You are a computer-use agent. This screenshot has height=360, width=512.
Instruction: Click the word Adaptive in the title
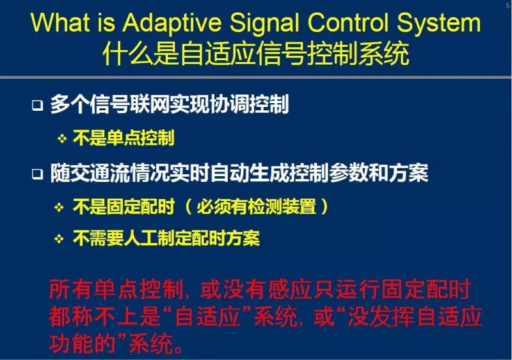click(x=172, y=23)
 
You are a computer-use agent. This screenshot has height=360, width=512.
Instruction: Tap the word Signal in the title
click(x=264, y=24)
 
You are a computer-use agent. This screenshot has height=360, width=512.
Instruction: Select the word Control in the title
click(x=348, y=22)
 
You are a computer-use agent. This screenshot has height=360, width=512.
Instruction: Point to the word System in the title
click(x=439, y=24)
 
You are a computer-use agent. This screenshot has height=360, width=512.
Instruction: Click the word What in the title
click(x=60, y=22)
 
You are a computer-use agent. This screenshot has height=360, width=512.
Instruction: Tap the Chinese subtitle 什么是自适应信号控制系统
click(x=255, y=53)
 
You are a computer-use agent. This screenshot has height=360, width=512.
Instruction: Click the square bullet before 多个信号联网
click(x=38, y=106)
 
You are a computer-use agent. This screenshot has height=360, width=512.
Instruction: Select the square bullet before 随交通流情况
click(x=38, y=174)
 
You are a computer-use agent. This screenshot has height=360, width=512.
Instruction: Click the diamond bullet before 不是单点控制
click(x=62, y=139)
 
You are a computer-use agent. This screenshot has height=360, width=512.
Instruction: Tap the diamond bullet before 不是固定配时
click(x=59, y=208)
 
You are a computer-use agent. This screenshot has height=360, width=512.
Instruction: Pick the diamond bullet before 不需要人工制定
click(x=59, y=239)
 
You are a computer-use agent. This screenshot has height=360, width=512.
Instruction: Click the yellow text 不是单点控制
click(x=124, y=138)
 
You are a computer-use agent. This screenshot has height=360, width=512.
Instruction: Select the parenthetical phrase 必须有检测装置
click(x=257, y=206)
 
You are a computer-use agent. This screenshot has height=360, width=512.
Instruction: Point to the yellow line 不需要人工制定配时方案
click(x=166, y=238)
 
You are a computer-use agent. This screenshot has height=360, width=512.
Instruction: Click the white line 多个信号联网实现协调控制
click(x=170, y=104)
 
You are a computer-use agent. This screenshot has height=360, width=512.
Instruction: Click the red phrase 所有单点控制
click(x=116, y=290)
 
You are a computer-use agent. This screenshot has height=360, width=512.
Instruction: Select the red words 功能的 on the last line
click(x=83, y=343)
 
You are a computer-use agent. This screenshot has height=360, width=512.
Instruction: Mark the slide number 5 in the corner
click(x=508, y=5)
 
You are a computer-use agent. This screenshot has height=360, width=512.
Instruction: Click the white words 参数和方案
click(x=379, y=172)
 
